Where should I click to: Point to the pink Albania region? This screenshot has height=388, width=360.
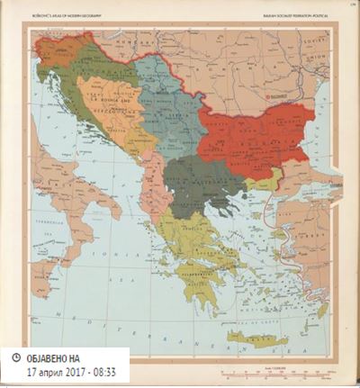pyautogui.click(x=154, y=194)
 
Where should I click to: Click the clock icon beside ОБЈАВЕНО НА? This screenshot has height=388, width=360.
pyautogui.click(x=16, y=357)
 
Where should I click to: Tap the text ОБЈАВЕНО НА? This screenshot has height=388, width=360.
pyautogui.click(x=59, y=357)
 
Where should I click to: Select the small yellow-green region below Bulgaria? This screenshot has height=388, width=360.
pyautogui.click(x=261, y=183)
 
